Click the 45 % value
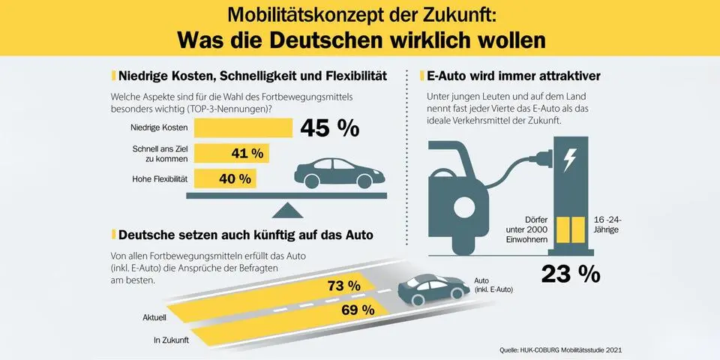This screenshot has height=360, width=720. point(329,128)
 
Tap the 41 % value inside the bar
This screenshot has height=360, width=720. point(247,154)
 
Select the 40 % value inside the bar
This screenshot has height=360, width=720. point(234,178)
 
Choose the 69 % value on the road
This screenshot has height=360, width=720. point(357,309)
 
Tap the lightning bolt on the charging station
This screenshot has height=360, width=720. point(571,160)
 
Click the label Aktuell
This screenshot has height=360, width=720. point(154,318)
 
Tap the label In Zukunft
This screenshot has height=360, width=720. point(170,340)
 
